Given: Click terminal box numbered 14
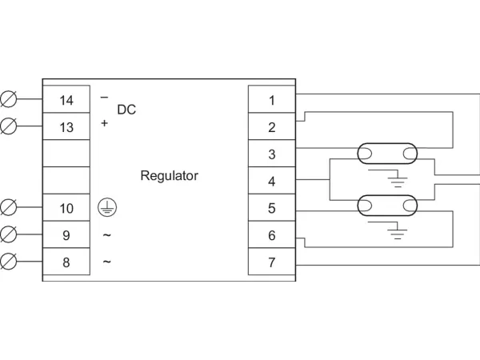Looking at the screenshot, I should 66,100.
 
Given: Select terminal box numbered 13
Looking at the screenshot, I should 66,127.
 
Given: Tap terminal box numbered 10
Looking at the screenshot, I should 66,208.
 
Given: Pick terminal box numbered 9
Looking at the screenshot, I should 66,235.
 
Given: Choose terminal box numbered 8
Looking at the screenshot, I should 66,262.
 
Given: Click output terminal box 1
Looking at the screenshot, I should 272,100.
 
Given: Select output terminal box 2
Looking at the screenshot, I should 272,127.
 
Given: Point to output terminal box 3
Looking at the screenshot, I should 272,154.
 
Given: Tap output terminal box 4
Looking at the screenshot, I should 272,181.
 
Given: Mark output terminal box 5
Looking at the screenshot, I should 272,208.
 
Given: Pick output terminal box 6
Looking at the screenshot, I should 272,235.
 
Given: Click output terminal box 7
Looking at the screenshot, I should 272,262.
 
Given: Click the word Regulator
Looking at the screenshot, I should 169,175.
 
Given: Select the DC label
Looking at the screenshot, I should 126,110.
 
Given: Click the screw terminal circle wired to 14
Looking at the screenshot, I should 9,100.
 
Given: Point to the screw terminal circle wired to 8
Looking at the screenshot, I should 9,262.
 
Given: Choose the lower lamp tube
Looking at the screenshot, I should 386,205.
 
